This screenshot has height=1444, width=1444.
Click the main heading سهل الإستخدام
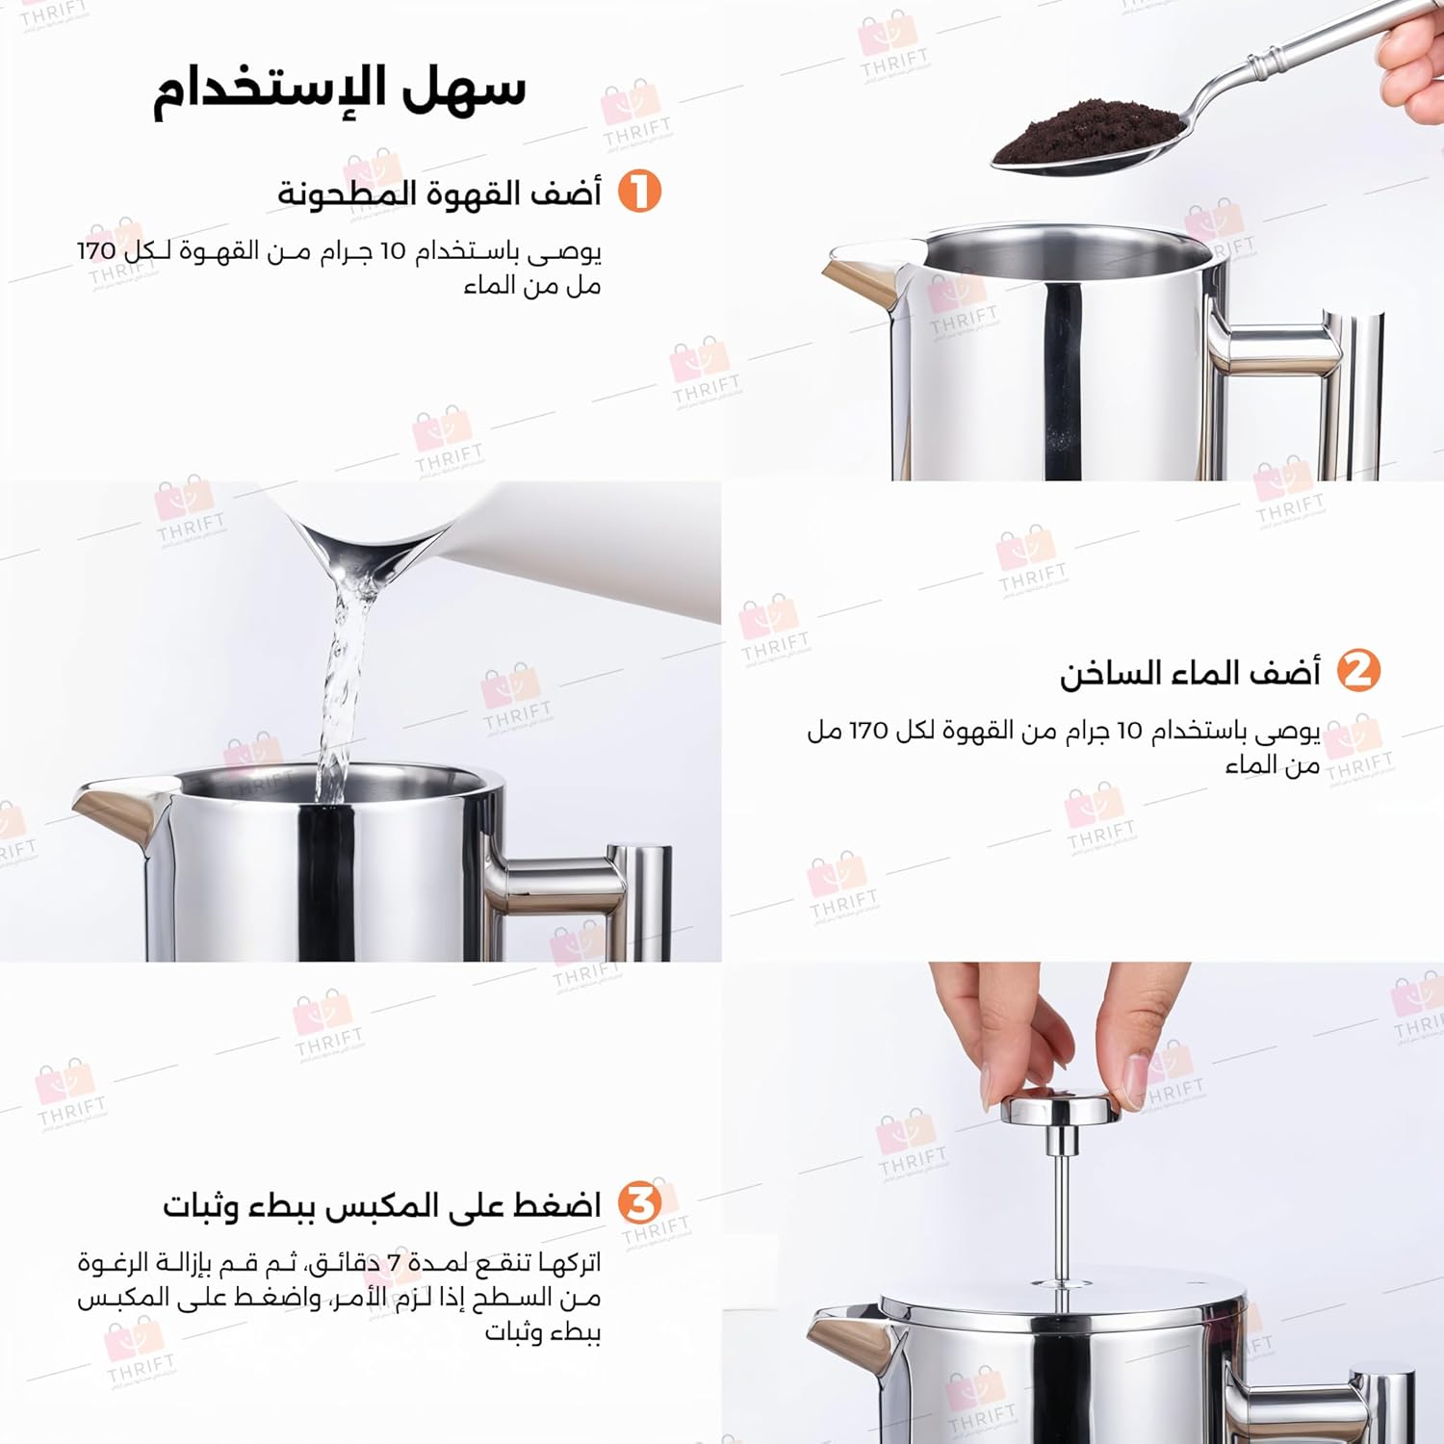click(x=340, y=90)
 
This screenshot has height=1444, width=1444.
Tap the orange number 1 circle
click(x=639, y=191)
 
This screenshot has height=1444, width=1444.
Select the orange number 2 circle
click(x=1358, y=671)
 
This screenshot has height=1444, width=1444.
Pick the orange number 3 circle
click(x=639, y=1203)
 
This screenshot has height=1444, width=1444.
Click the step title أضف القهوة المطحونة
click(x=439, y=193)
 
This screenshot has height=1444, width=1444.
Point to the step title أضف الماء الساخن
click(x=1190, y=672)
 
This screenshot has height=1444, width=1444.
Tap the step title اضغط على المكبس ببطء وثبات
click(x=381, y=1205)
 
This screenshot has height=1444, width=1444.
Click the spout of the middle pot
click(x=116, y=814)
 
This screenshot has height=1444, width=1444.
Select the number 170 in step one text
click(x=96, y=250)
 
